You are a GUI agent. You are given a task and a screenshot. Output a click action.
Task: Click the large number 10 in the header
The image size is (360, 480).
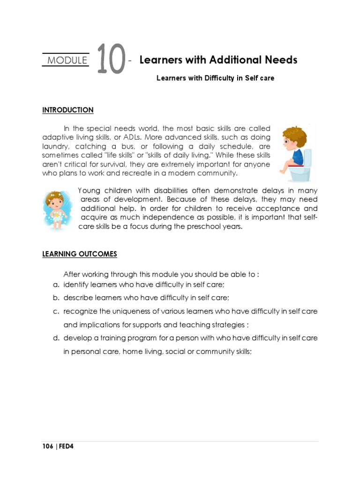(x=112, y=60)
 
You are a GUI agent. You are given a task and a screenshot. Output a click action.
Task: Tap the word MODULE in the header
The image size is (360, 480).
(x=67, y=60)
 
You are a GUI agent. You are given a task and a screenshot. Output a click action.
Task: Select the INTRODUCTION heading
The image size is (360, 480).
(x=68, y=110)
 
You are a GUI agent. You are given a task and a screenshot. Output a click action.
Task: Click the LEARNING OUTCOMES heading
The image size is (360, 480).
(x=80, y=254)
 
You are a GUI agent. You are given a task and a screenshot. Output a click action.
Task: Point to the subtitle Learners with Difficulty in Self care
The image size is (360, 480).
(x=215, y=78)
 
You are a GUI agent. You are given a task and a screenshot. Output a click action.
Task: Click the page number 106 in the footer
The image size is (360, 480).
(x=47, y=447)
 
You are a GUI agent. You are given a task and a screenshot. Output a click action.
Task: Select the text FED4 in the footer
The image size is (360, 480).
(x=66, y=447)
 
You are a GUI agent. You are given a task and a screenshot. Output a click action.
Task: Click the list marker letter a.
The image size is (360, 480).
(x=55, y=285)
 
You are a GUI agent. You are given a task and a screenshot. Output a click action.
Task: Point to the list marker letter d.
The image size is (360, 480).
(x=55, y=338)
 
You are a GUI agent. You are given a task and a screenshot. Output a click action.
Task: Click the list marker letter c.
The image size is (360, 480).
(x=55, y=312)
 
